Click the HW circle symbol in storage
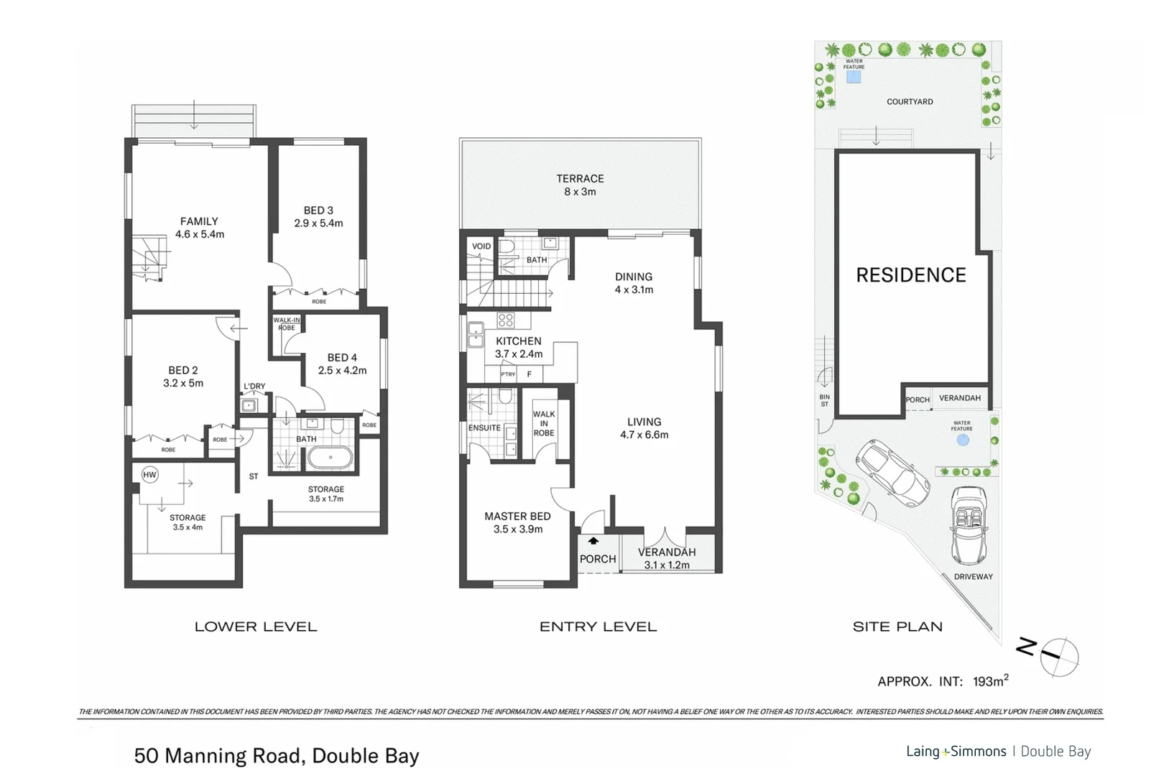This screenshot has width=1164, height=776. (149, 475)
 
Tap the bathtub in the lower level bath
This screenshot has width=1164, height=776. (330, 458)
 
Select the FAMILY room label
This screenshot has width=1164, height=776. (199, 221)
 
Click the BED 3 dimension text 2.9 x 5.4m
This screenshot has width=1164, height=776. (318, 223)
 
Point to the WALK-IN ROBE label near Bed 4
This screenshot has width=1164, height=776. (286, 324)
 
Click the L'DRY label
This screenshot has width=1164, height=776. (254, 387)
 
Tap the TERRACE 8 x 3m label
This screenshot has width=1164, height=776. (580, 185)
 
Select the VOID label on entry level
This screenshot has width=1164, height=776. (481, 246)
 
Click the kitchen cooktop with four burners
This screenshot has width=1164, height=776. (506, 320)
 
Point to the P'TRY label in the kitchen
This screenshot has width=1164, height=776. (508, 374)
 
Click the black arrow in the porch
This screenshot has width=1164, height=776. (593, 541)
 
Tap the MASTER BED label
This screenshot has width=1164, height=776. (517, 517)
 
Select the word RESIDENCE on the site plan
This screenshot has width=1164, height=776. (911, 275)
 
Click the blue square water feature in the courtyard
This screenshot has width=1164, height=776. (854, 77)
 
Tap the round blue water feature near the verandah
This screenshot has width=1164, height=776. (963, 440)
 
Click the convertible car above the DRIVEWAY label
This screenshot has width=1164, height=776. (969, 526)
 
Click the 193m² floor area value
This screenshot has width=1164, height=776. (990, 680)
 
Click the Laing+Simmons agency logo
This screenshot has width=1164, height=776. (956, 752)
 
